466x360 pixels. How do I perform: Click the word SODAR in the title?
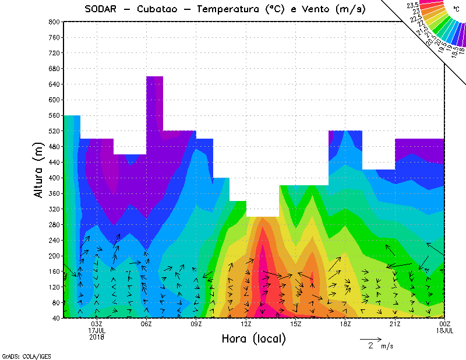point(101,9)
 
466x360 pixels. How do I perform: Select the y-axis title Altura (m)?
point(38,168)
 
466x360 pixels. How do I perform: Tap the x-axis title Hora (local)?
point(253,338)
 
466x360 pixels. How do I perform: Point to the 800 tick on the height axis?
point(54,22)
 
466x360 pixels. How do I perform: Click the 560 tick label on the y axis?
point(54,115)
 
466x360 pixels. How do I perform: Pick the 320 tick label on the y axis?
point(54,209)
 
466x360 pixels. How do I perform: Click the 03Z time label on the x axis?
point(97,324)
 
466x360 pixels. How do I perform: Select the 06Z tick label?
point(146,324)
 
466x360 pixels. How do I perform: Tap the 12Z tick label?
point(246,324)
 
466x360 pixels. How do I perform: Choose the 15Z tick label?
point(295,324)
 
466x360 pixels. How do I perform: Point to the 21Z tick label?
point(395,324)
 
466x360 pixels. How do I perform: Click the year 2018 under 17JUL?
point(97,336)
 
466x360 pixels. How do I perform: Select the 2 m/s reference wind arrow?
point(370,338)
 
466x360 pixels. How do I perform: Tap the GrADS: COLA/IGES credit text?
point(26,355)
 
